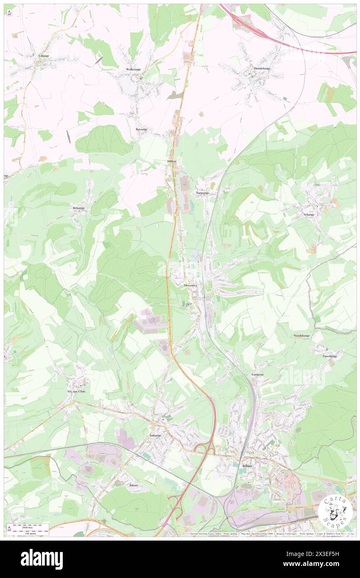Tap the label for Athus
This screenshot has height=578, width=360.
coord(247,466)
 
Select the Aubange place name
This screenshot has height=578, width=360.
coord(155,435)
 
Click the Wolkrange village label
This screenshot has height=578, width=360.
coord(134,69)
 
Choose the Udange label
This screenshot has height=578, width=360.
coord(43,56)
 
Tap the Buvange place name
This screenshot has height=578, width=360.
coord(141,129)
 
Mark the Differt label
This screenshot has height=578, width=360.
coord(172,161)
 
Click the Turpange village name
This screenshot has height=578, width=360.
coord(202,193)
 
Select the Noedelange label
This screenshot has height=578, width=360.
coord(301,335)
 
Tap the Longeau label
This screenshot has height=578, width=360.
coord(258,374)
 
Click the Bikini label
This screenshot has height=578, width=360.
coord(133,485)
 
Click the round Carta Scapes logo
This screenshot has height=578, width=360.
coord(335,512)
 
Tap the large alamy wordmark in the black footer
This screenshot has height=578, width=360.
coord(42,559)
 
